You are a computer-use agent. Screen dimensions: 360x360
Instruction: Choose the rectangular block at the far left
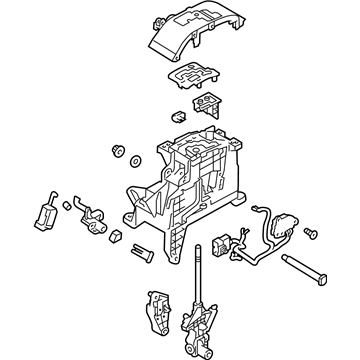44,210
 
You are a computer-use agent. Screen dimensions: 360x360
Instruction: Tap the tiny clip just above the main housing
177,117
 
